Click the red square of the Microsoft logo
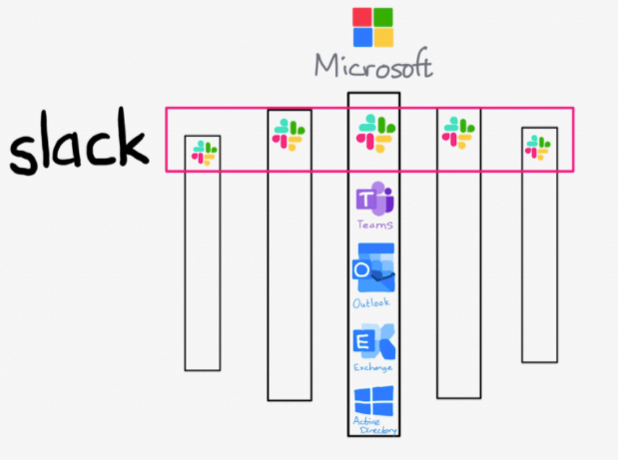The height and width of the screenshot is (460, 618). tap(362, 17)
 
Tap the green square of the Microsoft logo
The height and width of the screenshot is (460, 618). tap(383, 17)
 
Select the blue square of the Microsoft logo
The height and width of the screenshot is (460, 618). tap(362, 37)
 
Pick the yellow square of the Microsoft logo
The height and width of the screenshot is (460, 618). tap(383, 37)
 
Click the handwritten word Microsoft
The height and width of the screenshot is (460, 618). tap(373, 65)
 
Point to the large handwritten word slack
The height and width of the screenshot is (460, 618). tap(79, 142)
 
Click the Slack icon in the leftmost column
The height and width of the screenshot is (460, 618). tap(204, 153)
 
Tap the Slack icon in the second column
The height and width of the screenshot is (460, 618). tap(289, 135)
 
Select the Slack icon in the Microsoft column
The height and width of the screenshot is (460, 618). tap(375, 133)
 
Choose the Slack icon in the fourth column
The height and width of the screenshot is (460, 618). tap(458, 133)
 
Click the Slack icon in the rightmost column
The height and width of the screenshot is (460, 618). tap(538, 148)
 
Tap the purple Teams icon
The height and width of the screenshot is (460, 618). tap(374, 199)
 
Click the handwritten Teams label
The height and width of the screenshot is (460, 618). tap(374, 225)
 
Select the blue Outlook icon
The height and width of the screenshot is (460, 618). tap(373, 267)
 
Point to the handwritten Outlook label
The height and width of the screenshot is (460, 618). tap(371, 303)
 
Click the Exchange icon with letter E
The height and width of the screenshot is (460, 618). tap(374, 341)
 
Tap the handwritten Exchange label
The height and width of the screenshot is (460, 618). tap(372, 367)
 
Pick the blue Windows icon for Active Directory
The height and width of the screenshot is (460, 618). tap(373, 401)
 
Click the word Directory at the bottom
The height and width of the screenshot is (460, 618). tap(378, 430)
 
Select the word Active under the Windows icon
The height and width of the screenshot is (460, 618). tap(366, 421)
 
